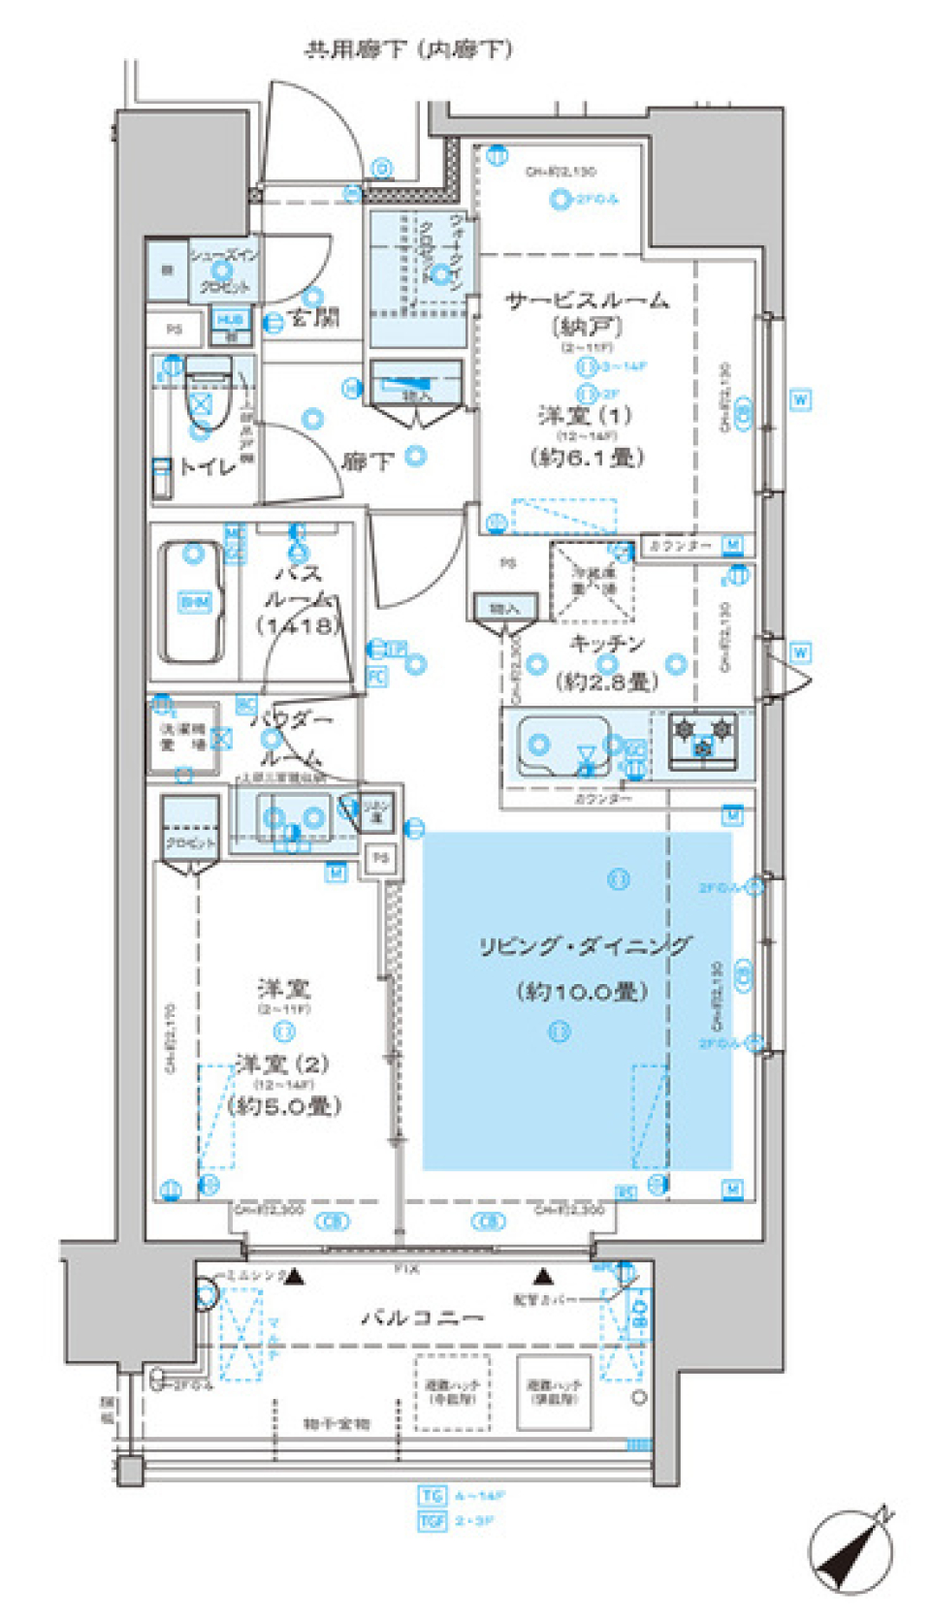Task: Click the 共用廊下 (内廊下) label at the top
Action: (408, 48)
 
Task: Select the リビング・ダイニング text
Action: (586, 945)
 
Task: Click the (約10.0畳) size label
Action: (582, 991)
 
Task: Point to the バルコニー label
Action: (422, 1317)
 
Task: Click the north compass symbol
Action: (851, 1551)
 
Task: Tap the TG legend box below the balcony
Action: (432, 1495)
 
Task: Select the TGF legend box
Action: (432, 1521)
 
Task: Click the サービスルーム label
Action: (587, 301)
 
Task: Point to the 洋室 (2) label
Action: (282, 1063)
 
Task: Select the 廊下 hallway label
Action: (367, 461)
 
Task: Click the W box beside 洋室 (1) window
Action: (800, 399)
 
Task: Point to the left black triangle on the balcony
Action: (295, 1278)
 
